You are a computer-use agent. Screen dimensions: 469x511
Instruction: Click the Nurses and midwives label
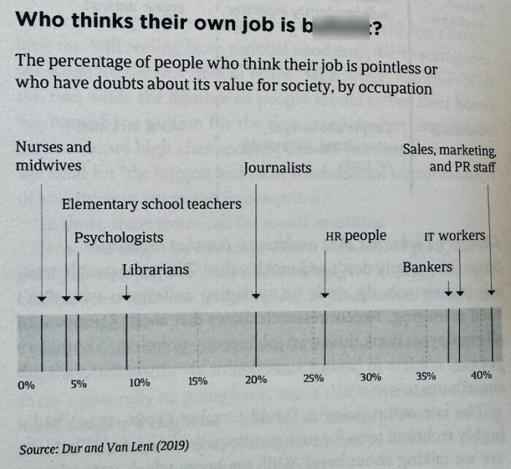[53, 156]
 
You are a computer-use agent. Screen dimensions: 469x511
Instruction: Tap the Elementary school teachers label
[151, 204]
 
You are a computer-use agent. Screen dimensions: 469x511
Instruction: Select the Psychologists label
[118, 237]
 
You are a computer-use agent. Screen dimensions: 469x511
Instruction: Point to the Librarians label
[155, 270]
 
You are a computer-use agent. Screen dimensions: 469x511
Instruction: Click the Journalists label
[277, 168]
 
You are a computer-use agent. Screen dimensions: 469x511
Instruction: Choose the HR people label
[356, 236]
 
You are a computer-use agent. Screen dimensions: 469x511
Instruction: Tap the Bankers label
[427, 268]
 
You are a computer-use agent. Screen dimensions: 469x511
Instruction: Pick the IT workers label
[454, 236]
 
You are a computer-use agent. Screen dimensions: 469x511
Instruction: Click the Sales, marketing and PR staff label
[450, 158]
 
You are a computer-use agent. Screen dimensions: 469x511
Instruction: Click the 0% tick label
[26, 384]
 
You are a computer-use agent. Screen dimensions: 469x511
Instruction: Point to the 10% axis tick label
[139, 381]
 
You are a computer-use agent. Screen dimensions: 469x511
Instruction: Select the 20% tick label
[255, 379]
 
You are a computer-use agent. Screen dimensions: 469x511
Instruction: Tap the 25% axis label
[313, 378]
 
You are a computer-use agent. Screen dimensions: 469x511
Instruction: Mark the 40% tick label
[481, 375]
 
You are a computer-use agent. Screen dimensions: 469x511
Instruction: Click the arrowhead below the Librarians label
[127, 296]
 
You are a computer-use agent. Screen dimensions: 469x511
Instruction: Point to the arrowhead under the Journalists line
[255, 295]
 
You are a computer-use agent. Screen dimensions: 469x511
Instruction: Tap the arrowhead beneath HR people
[325, 295]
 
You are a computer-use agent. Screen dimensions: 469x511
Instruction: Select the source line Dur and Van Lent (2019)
[104, 446]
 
